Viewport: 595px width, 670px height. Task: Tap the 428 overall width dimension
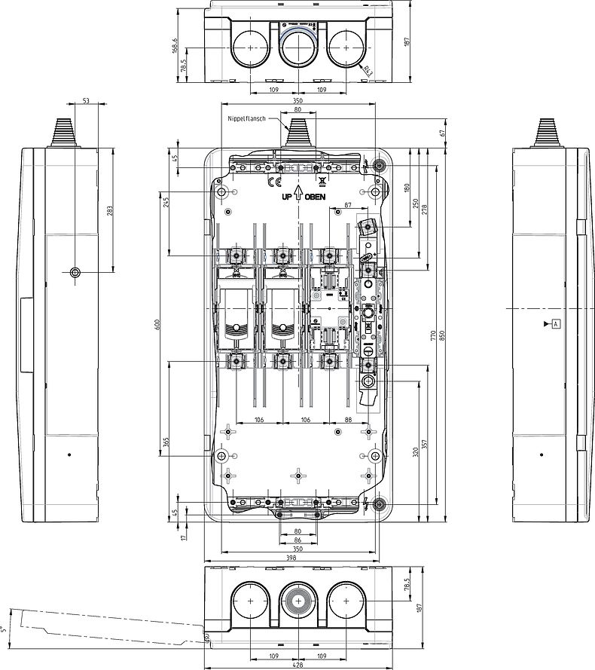click(297, 664)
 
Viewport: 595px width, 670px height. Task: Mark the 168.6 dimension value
click(175, 46)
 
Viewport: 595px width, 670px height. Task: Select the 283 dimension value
click(110, 212)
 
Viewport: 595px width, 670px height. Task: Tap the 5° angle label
click(4, 627)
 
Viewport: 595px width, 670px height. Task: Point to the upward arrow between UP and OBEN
click(298, 196)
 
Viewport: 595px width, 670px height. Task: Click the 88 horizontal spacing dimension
click(346, 421)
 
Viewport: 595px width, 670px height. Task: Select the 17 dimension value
click(185, 536)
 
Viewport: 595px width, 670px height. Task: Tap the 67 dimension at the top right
click(442, 133)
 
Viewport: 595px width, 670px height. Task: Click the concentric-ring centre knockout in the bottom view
click(298, 601)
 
